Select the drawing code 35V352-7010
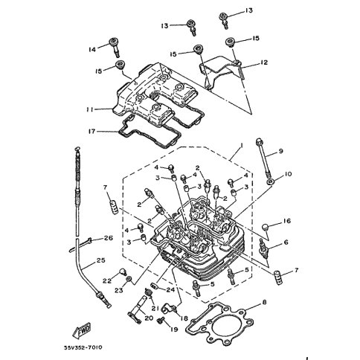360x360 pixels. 83,347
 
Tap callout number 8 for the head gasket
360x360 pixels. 264,302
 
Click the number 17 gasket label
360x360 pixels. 91,131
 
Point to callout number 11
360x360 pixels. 89,109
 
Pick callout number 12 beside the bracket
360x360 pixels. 264,62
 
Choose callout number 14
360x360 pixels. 92,50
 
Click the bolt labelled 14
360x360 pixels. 115,46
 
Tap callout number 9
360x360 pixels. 280,151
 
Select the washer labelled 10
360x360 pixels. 270,181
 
